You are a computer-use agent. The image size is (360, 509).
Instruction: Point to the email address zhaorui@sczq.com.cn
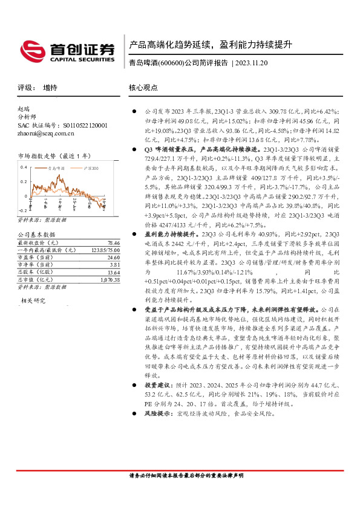coord(45,133)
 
